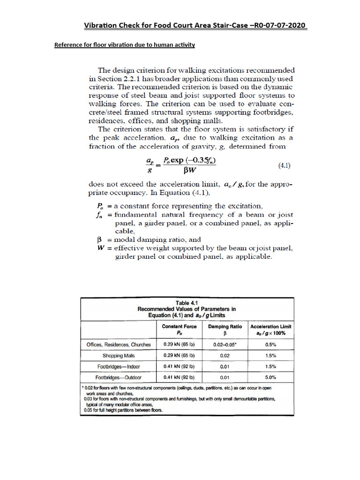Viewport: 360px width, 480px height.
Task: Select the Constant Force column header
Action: click(x=179, y=330)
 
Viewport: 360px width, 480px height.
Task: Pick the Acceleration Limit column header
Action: click(x=271, y=330)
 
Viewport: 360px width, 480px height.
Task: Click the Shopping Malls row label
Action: click(x=119, y=355)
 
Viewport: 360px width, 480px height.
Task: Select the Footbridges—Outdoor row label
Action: click(x=119, y=377)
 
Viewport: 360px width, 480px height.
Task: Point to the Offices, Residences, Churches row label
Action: click(x=119, y=345)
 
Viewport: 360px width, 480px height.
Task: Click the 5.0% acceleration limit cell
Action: click(x=271, y=377)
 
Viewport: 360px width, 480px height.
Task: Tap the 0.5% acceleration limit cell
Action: click(x=271, y=345)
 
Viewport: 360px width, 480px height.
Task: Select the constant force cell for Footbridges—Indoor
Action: click(x=179, y=366)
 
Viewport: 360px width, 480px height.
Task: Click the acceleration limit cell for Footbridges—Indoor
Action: click(x=271, y=366)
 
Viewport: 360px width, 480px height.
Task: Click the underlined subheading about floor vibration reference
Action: click(x=125, y=45)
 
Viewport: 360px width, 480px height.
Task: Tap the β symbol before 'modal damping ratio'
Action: click(x=99, y=239)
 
